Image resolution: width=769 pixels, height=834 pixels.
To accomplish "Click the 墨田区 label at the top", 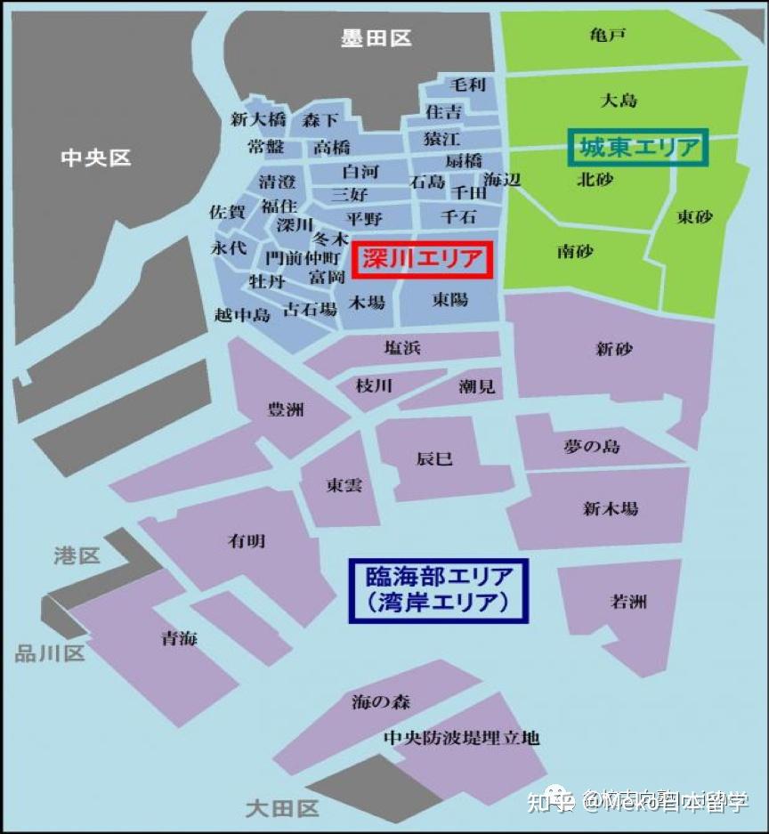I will [x=376, y=38].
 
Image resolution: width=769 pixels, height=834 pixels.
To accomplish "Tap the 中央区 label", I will [x=96, y=158].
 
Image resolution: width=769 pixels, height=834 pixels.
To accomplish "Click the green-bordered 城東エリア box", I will [x=638, y=148].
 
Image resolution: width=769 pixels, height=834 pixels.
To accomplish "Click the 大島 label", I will [x=619, y=100].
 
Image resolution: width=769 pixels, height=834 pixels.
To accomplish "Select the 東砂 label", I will [x=695, y=216].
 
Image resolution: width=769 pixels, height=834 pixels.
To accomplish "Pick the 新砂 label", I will [x=614, y=349].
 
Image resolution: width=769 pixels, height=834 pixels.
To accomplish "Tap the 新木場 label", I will [x=611, y=509].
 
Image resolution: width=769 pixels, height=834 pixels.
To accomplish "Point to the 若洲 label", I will [x=628, y=602].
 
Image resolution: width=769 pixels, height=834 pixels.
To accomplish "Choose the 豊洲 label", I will [x=286, y=409].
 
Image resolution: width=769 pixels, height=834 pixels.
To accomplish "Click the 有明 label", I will [x=247, y=540].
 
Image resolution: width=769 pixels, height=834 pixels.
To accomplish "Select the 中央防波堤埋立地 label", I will [x=461, y=738].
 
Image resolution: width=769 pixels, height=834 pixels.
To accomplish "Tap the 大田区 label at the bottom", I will [x=282, y=808].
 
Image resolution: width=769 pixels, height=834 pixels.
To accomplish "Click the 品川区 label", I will [x=50, y=653].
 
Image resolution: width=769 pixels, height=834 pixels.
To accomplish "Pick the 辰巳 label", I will [x=434, y=459].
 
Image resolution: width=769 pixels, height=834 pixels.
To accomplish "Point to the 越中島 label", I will [x=242, y=314].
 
